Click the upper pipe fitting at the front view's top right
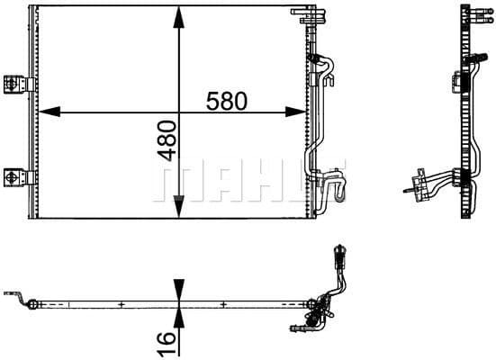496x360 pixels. (x=317, y=60)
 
